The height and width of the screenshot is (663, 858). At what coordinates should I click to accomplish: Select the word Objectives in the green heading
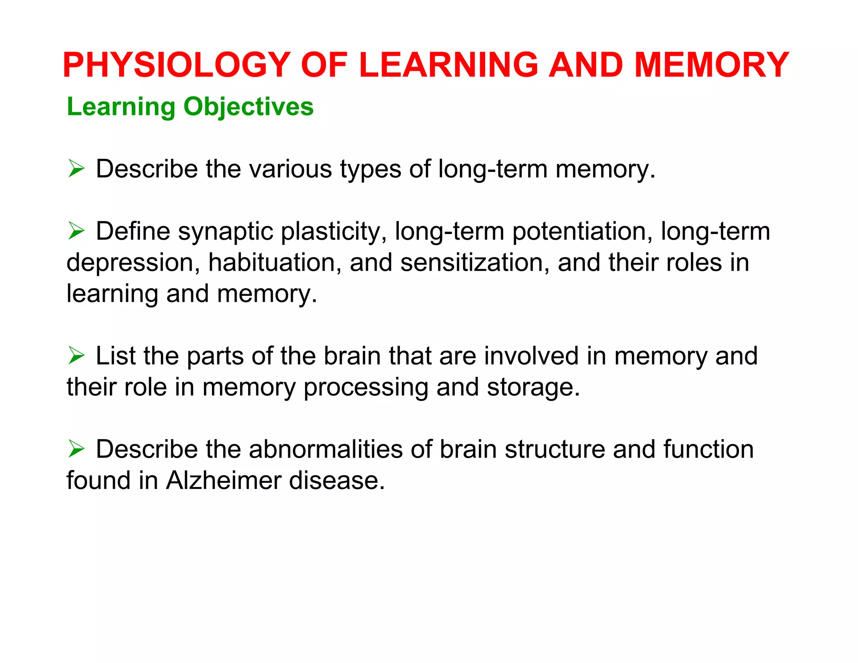(248, 106)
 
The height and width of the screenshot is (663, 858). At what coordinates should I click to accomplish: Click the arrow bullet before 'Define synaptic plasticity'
(76, 231)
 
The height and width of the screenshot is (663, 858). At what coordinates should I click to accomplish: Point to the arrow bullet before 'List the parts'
(76, 356)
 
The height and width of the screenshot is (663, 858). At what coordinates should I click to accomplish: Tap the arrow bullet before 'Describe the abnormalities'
(76, 449)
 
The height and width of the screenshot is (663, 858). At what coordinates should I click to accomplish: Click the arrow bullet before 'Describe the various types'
(76, 169)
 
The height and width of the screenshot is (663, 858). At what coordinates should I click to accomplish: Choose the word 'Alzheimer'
(224, 480)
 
